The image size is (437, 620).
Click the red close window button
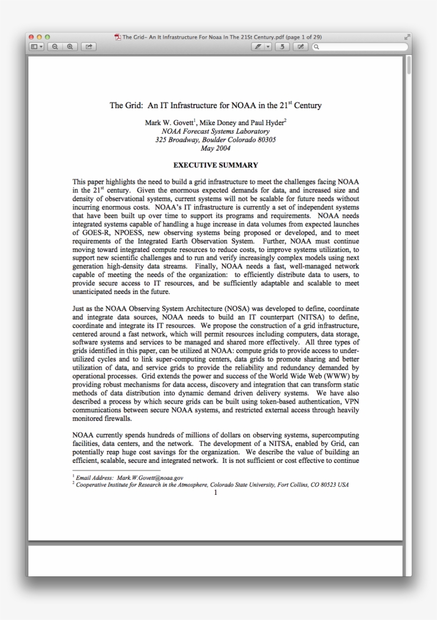point(31,37)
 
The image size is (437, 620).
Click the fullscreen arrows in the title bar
point(407,37)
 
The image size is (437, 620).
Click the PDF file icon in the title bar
point(117,37)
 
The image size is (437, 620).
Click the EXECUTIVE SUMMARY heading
point(215,165)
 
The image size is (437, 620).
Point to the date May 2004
point(215,148)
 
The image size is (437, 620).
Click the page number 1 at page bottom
point(215,493)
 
